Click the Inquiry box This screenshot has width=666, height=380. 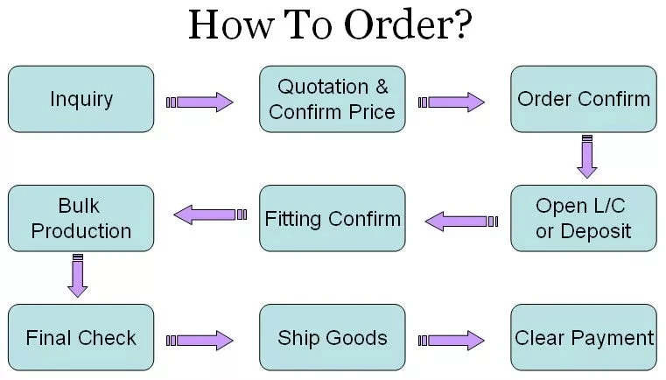point(81,99)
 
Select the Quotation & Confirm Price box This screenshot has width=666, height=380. point(333,99)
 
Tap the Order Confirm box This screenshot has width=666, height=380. point(584,99)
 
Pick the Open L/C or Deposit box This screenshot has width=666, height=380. point(584,219)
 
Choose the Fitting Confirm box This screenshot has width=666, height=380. point(333,219)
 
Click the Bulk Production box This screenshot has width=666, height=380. point(81,219)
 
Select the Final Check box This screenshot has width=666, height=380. point(81,338)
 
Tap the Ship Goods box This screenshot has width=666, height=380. point(333,338)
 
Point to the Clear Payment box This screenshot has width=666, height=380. point(584,338)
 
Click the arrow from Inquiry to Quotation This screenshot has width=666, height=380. point(200,102)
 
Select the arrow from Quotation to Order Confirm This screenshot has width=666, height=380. point(452,102)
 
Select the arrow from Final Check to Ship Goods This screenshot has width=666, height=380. point(200,340)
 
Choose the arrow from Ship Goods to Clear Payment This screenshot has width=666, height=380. point(452,340)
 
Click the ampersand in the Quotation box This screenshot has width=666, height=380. point(381,87)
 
